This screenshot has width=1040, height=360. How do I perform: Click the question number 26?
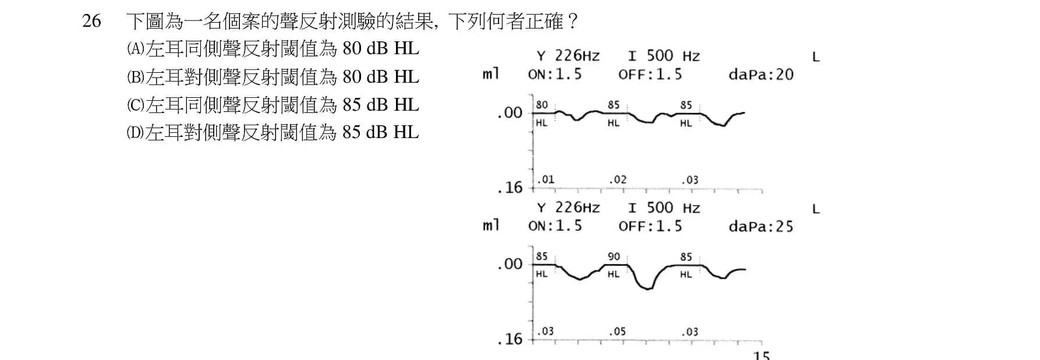pos(91,22)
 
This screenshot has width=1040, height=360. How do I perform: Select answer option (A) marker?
pos(135,48)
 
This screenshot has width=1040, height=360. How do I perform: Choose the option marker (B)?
pos(135,76)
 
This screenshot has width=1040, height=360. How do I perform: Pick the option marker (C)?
pos(135,104)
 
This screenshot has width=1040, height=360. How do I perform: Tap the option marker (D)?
pos(135,132)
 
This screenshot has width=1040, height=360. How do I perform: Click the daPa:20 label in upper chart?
pos(761,75)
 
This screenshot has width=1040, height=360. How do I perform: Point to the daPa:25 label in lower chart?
pos(761,226)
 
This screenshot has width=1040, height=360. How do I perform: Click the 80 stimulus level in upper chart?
pos(542,105)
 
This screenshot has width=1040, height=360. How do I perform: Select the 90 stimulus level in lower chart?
pos(614,256)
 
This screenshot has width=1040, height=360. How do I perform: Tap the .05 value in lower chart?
pos(617,331)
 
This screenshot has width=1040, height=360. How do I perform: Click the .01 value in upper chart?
pos(545,179)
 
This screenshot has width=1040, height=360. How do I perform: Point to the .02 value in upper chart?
pos(617,179)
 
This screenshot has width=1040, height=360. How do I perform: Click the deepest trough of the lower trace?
pos(648,289)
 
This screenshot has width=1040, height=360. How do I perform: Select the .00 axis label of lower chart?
pos(510,264)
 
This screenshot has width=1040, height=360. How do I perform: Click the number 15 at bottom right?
pos(761,355)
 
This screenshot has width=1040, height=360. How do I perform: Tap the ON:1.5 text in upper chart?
pos(554,75)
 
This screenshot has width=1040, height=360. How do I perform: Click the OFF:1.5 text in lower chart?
pos(650,226)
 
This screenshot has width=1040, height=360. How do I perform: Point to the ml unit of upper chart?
pos(491,74)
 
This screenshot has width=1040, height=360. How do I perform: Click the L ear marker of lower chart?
pos(816,209)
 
